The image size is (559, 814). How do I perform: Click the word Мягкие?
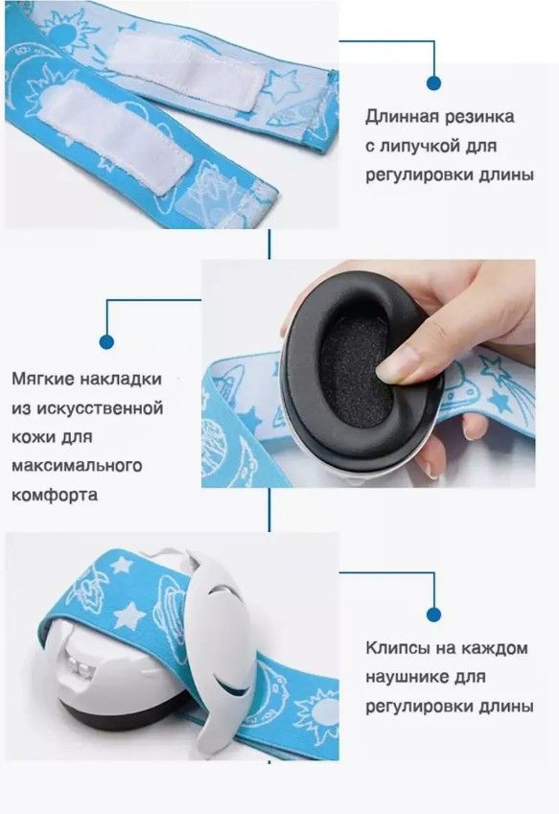pos(42,379)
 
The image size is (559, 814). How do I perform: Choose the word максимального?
pos(77,465)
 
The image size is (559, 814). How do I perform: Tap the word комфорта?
pos(55,494)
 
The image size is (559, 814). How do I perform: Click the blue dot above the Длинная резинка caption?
pos(433,82)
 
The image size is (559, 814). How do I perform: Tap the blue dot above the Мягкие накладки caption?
pos(106,341)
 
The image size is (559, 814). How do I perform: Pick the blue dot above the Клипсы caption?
pos(433,615)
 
